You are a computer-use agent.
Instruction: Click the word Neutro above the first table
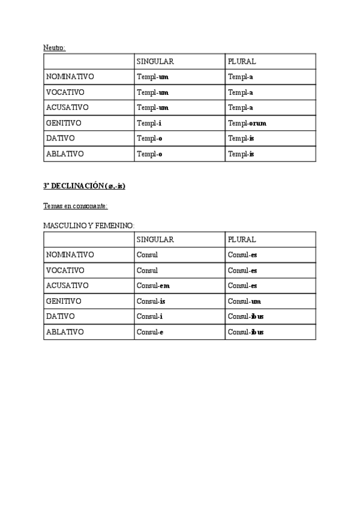[54, 48]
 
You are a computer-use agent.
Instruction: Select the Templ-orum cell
[247, 123]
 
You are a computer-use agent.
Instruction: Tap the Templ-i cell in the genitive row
[149, 123]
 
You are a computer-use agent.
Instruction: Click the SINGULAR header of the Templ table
[155, 62]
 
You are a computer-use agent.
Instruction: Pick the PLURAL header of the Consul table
[242, 239]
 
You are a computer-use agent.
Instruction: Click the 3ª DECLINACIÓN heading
[84, 186]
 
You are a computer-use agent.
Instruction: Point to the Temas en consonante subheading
[75, 206]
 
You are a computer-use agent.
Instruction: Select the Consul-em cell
[153, 286]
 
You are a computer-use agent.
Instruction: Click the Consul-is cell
[151, 301]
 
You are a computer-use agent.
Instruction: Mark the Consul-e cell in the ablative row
[150, 332]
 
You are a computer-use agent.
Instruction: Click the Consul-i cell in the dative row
[149, 316]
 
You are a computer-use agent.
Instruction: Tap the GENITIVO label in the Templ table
[64, 123]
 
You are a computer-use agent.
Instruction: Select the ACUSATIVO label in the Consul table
[67, 286]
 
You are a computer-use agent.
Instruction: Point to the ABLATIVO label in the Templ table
[65, 154]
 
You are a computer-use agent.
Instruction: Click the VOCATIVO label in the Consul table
[65, 270]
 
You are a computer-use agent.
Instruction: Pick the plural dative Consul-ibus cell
[246, 316]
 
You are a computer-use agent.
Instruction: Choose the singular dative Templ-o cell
[149, 139]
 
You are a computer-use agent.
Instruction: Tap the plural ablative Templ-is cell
[241, 154]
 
